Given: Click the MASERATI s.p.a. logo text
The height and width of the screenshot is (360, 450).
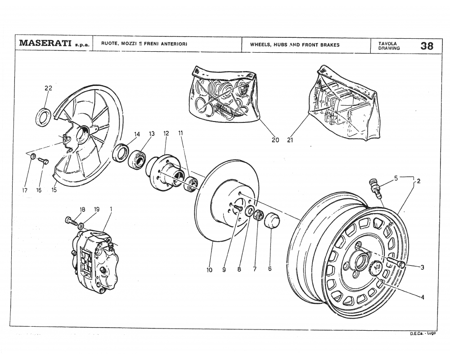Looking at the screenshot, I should pyautogui.click(x=54, y=44).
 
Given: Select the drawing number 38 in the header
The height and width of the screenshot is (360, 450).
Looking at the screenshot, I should pyautogui.click(x=427, y=45).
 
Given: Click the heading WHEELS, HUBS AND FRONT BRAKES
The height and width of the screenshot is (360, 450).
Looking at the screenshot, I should pyautogui.click(x=295, y=45).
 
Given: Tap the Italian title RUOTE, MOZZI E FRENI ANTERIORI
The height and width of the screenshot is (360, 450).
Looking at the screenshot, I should pyautogui.click(x=144, y=44).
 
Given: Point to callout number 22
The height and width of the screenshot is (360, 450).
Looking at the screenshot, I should pyautogui.click(x=48, y=88).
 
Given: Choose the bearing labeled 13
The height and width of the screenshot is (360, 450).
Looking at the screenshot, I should pyautogui.click(x=137, y=157).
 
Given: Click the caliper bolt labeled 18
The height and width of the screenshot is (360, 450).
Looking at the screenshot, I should pyautogui.click(x=69, y=220).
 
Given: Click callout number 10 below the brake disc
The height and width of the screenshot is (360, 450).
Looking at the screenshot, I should pyautogui.click(x=209, y=270).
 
